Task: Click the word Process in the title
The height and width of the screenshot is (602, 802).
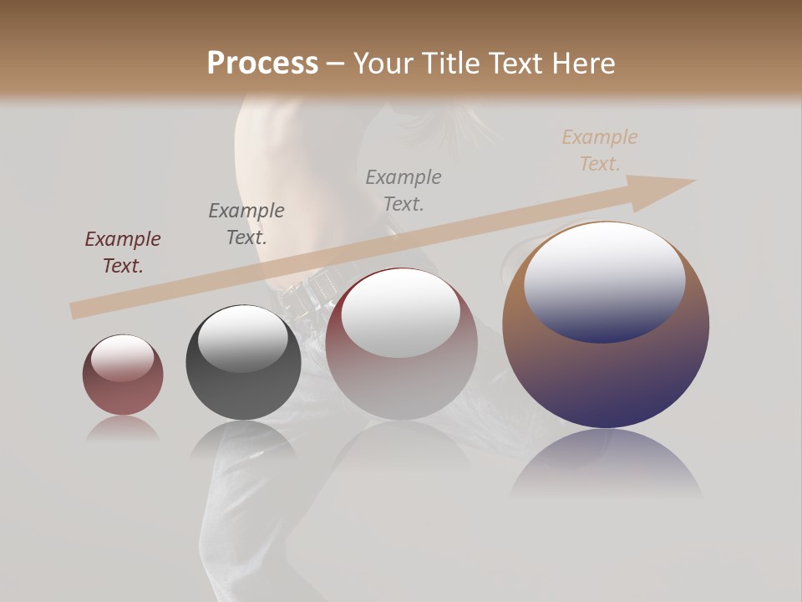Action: click(262, 64)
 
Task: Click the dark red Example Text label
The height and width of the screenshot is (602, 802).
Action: click(123, 252)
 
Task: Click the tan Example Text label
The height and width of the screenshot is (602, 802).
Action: click(599, 150)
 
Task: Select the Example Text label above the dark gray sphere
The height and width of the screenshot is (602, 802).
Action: click(246, 223)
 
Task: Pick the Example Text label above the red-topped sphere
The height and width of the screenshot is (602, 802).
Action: click(404, 190)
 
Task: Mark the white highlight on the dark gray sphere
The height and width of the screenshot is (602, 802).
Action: click(243, 337)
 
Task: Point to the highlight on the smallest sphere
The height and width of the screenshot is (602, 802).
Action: click(122, 358)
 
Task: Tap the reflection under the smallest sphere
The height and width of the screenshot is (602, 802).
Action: click(123, 428)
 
